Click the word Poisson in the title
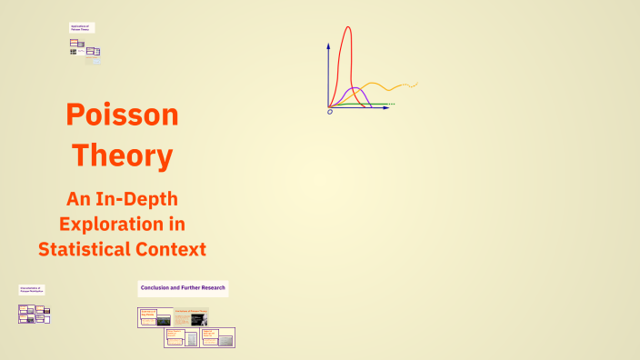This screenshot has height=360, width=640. tap(122, 115)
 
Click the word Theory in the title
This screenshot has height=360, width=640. tap(122, 155)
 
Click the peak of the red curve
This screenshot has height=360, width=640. tap(347, 28)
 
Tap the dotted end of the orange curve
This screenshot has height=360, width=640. tap(412, 85)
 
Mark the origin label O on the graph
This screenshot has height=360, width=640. tap(330, 112)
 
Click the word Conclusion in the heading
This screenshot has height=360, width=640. tap(156, 288)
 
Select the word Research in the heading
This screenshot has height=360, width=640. tap(209, 288)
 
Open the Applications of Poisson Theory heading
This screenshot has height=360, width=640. tap(82, 28)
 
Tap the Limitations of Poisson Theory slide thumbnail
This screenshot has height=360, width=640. tap(190, 317)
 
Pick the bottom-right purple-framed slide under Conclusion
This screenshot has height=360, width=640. tap(218, 337)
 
